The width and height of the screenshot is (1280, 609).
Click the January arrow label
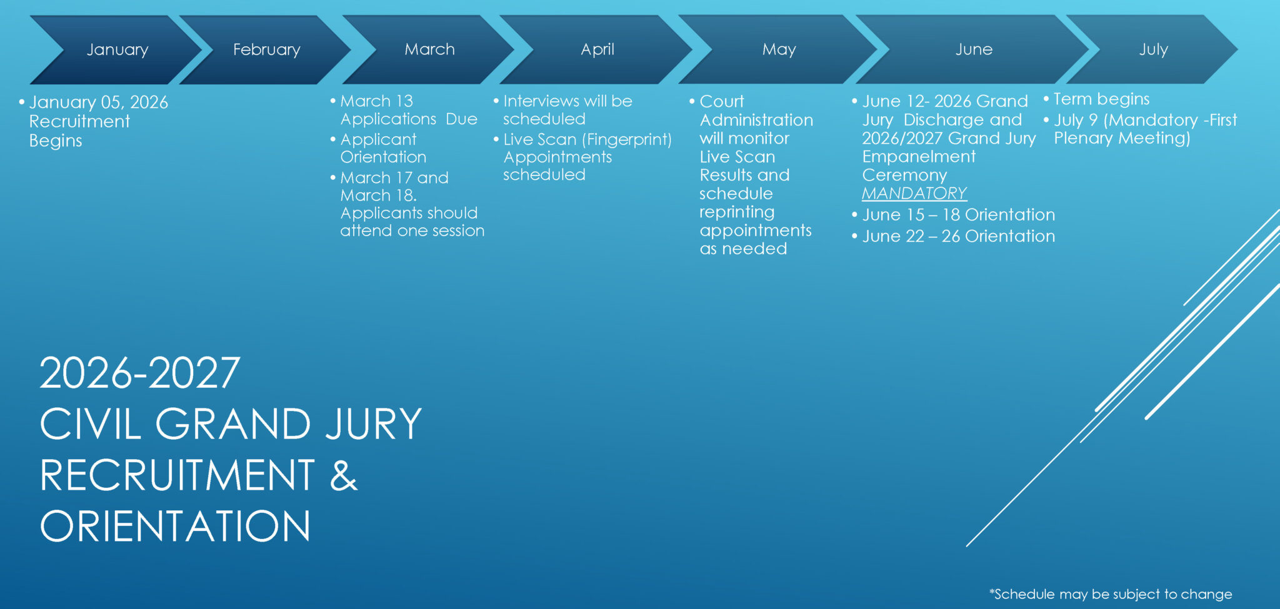117,50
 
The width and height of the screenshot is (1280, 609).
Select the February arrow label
267,50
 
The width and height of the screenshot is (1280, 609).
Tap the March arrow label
429,49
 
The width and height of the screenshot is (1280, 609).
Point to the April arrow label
597,49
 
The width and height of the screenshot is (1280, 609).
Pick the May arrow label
779,50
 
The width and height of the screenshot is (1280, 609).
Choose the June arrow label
974,49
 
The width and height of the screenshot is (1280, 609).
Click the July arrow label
1153,50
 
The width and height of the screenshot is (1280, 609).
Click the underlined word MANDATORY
914,194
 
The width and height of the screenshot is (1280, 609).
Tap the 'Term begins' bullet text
1101,99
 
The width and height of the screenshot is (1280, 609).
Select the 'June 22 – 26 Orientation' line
958,236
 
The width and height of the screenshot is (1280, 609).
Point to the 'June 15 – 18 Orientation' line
958,215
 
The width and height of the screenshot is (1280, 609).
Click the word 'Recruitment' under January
79,121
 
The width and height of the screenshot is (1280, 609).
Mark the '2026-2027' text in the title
140,373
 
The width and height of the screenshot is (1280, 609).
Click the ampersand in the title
344,475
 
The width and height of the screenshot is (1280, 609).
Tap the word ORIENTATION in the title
175,526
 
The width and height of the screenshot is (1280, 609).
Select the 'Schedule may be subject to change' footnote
1111,594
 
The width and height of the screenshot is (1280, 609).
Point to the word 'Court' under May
722,101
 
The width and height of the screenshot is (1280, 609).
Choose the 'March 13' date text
376,101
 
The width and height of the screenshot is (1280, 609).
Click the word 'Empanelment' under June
919,157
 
